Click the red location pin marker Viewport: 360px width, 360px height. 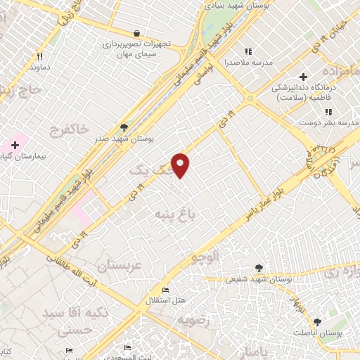(x=181, y=165)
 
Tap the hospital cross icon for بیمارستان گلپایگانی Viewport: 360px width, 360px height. (x=15, y=144)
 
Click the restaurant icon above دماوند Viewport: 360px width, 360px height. (x=40, y=56)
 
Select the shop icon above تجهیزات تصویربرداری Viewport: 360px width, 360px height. (x=136, y=33)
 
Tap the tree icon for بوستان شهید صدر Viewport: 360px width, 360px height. (x=124, y=127)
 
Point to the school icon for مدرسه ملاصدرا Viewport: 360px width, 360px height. (x=247, y=51)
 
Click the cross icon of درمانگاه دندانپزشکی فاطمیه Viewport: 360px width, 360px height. (x=303, y=76)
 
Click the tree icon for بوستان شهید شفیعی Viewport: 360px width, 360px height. (x=259, y=268)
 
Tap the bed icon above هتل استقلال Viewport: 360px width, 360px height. (x=165, y=290)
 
